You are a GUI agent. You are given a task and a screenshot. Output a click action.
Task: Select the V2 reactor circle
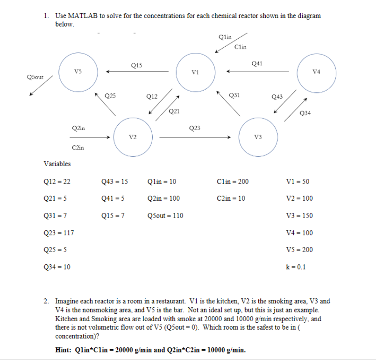point(133,137)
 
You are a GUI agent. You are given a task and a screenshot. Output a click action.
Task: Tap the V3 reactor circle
point(258,136)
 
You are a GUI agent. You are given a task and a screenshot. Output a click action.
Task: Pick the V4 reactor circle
point(317,72)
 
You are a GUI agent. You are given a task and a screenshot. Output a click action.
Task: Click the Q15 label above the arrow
point(137,65)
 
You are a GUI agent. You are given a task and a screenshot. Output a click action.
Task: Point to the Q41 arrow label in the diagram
point(257,63)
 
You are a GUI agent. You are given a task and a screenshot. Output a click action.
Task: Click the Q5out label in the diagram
point(35,77)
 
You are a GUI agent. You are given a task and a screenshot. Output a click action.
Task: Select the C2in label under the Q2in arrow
point(78,148)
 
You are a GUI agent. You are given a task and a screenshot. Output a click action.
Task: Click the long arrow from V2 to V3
point(195,137)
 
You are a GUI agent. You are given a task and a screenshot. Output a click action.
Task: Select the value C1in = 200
point(233,182)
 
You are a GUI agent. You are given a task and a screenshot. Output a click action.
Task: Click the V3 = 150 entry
point(301,216)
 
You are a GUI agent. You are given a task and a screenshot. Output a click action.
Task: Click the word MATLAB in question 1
point(83,16)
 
